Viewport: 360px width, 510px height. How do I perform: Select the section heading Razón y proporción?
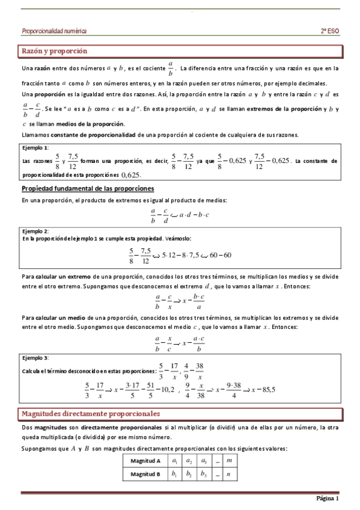point(55,51)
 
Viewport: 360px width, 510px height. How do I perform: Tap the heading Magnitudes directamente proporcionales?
point(91,414)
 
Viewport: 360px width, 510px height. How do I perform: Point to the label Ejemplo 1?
point(35,147)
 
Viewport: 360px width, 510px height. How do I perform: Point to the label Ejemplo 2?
point(35,231)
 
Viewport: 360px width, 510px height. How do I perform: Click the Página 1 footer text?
point(328,499)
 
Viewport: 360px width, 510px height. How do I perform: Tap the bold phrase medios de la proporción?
point(90,123)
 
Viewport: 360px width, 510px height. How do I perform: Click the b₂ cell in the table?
point(189,474)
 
